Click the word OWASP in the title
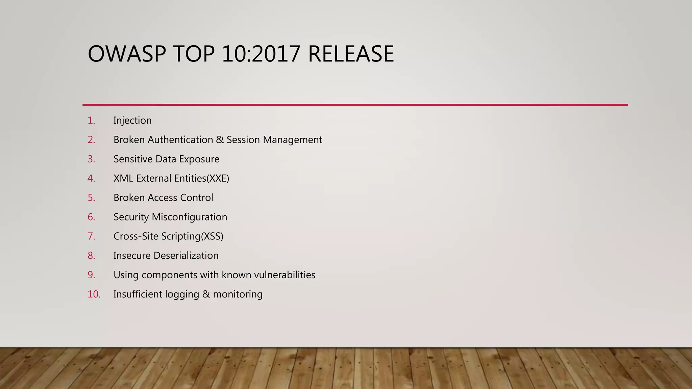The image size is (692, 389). coord(127,54)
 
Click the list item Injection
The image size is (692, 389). coord(132,121)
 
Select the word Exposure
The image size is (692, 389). coord(199,159)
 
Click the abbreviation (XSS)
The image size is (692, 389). coord(212,236)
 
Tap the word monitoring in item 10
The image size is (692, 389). coord(238,294)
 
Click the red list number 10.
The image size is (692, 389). coord(94,294)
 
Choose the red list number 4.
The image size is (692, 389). coord(91,178)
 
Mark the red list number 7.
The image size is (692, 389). coord(91,236)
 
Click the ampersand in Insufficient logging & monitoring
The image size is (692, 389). coord(206,294)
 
